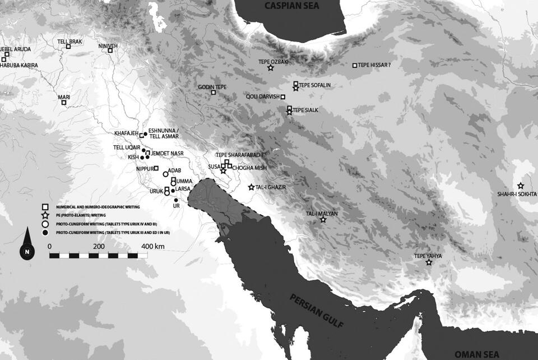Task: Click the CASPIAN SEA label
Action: [290, 7]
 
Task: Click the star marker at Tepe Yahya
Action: [429, 262]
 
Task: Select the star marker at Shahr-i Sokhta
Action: [521, 186]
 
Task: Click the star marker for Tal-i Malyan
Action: [323, 220]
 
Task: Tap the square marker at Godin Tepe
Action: [214, 93]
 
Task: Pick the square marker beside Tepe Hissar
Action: [354, 66]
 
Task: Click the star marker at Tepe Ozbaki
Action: [271, 68]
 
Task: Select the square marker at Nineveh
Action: [110, 50]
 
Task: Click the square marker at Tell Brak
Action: [68, 47]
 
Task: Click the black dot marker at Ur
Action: [176, 200]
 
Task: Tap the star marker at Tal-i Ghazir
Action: [251, 187]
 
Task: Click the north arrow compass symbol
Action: [27, 247]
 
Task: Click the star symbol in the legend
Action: [45, 215]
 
